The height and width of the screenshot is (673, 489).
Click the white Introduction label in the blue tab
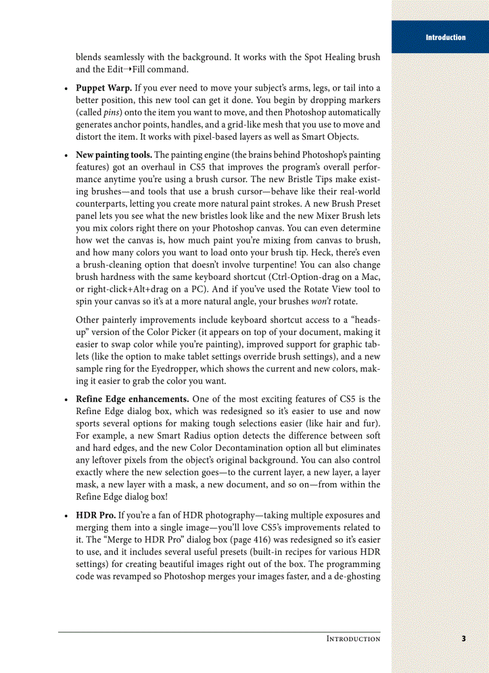click(445, 37)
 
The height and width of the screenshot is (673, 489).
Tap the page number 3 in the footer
click(464, 638)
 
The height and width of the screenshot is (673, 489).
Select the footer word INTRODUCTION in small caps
click(353, 639)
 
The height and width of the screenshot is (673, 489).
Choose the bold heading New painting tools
click(114, 155)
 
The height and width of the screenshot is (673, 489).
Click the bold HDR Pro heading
click(96, 515)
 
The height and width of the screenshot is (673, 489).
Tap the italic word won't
click(331, 301)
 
